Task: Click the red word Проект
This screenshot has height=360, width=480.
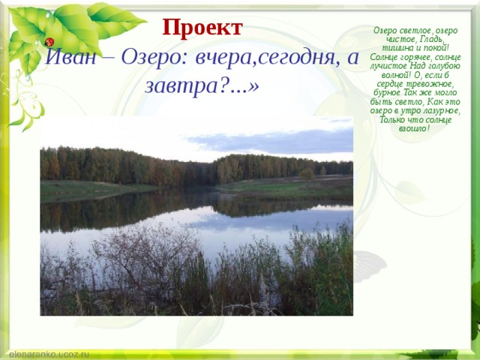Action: tap(202, 28)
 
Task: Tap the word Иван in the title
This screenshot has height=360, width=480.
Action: tap(68, 58)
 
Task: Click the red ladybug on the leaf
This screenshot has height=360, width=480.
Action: tap(50, 42)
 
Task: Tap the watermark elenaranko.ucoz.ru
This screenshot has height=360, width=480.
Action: tap(49, 352)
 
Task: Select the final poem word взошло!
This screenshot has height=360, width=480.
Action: tap(414, 129)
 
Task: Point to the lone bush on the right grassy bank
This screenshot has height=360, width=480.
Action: tap(307, 174)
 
